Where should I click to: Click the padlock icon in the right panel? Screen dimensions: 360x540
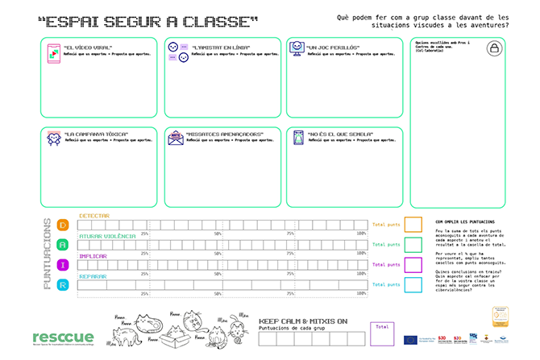pos(493,49)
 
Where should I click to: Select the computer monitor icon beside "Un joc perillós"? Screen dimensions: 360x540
pos(297,49)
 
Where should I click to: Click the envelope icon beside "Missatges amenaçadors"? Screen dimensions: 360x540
pos(176,139)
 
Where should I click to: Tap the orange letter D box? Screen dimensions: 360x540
pos(62,224)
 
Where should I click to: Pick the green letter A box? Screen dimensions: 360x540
pos(62,244)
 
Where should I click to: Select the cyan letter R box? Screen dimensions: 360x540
pos(62,283)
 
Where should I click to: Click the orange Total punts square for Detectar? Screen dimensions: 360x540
pos(413,224)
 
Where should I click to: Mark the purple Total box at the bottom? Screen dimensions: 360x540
pos(382,333)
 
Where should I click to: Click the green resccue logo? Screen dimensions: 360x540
pos(64,337)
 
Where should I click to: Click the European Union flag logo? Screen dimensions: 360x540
pos(411,339)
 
